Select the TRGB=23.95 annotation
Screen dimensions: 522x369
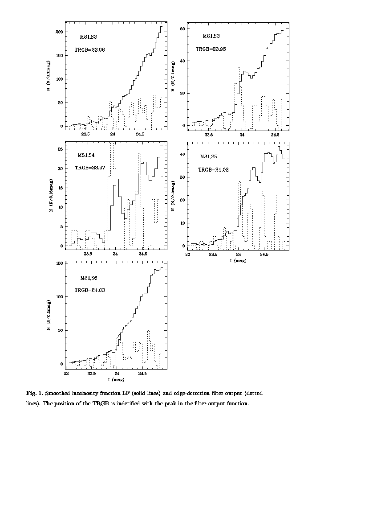click(x=211, y=49)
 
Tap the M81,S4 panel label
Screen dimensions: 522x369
click(x=86, y=155)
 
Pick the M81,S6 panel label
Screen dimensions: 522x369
click(x=89, y=278)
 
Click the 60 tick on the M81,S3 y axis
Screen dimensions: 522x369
click(x=182, y=29)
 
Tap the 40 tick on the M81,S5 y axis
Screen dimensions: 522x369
click(x=182, y=154)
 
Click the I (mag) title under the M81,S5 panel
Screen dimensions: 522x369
click(x=238, y=260)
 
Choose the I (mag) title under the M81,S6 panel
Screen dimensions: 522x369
click(x=116, y=380)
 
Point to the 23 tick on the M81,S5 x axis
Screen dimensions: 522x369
click(x=188, y=255)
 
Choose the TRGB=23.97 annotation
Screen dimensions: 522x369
click(x=89, y=168)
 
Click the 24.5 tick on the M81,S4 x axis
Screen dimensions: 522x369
click(x=142, y=254)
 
